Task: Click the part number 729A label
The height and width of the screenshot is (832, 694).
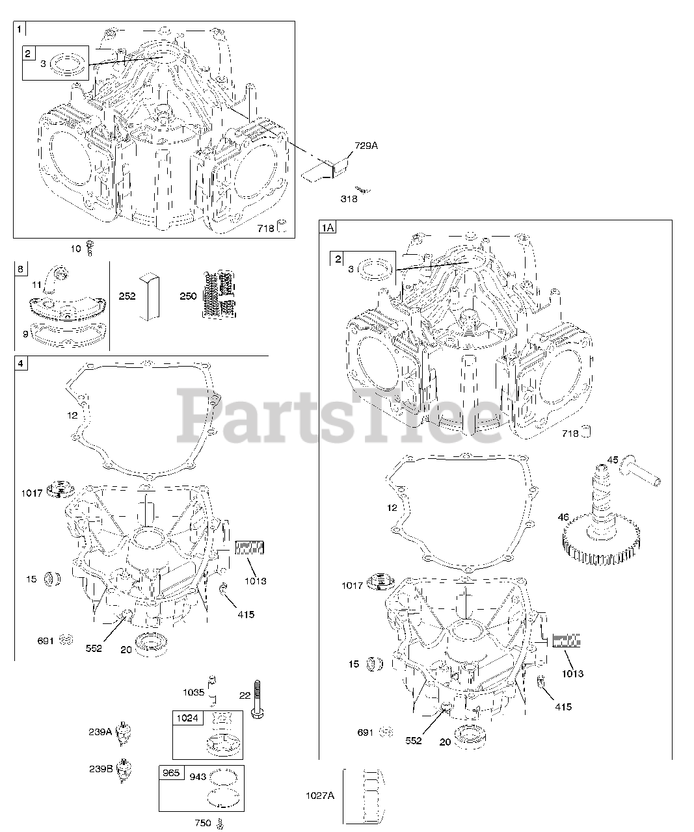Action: pos(366,146)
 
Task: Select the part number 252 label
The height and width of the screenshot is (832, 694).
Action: pos(127,296)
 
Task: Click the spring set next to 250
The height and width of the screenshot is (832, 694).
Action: pos(218,294)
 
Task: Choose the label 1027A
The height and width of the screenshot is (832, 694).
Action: pos(319,796)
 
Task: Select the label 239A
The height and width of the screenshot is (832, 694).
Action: pos(100,732)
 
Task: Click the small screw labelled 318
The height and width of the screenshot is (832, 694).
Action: pos(366,190)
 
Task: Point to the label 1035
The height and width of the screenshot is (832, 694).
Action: pos(194,692)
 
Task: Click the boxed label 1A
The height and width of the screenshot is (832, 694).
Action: pos(327,227)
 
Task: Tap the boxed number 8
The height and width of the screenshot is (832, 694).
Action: pos(21,269)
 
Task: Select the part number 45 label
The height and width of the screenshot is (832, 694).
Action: pos(613,460)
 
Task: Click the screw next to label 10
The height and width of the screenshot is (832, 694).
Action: pos(91,248)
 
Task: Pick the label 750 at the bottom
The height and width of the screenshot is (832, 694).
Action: pos(202,823)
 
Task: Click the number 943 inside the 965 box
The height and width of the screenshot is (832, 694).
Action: pos(198,776)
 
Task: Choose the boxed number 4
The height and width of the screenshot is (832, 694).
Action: pos(21,363)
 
